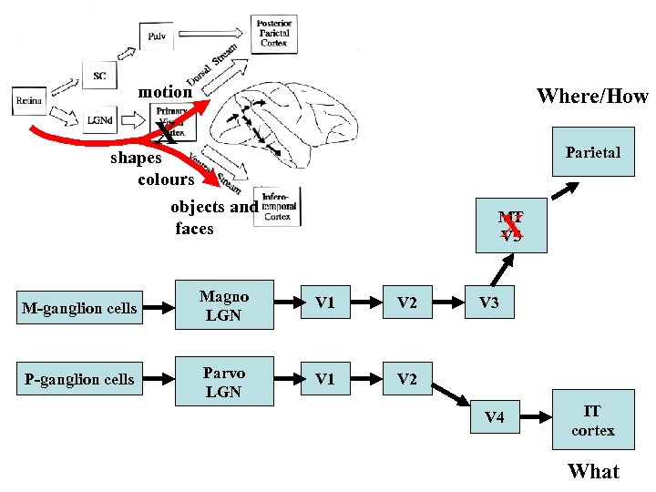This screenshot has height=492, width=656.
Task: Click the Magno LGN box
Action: click(223, 306)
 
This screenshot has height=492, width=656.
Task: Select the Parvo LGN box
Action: click(223, 382)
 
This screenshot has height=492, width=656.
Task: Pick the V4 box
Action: click(494, 417)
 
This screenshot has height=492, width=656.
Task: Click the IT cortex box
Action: click(592, 421)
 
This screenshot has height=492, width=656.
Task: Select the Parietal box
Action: click(592, 152)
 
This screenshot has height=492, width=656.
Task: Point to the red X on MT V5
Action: click(510, 225)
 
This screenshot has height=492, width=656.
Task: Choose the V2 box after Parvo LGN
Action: click(406, 379)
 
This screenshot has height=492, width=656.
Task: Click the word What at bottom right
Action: click(593, 471)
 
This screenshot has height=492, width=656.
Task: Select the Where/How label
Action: click(591, 96)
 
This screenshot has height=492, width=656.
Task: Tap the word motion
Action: click(165, 92)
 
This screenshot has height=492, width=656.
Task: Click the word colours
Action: click(166, 179)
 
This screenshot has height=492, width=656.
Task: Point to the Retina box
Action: click(29, 100)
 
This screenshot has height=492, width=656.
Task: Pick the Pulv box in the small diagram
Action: click(156, 36)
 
